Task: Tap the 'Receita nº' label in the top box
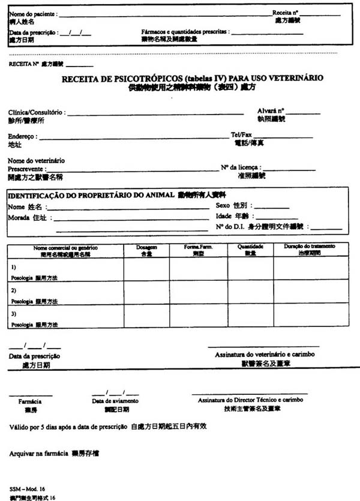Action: pos(286,13)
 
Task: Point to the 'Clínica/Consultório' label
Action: pos(35,113)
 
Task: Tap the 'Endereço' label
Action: pos(23,137)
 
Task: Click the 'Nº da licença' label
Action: pos(241,167)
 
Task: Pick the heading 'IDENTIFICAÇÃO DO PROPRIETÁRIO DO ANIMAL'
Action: pos(91,196)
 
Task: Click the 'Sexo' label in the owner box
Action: pos(223,206)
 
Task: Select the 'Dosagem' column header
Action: pos(146,247)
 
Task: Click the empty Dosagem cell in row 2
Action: pos(146,291)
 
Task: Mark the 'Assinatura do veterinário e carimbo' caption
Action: pos(265,355)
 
